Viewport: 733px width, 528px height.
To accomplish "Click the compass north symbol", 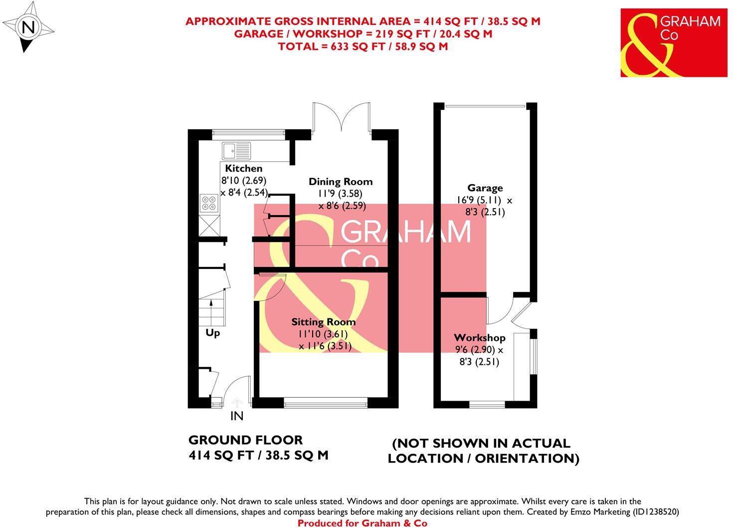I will pos(29,27).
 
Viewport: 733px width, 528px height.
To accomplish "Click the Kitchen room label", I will pos(243,169).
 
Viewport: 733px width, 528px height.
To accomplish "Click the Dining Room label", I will pos(340,182).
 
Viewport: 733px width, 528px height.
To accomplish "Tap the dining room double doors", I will pos(341,117).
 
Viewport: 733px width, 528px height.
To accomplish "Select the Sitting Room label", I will pos(323,322).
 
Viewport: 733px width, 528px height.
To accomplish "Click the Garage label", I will pos(485,188).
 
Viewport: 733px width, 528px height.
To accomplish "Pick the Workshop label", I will pos(479,338).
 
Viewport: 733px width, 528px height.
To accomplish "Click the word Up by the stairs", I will pos(213,333).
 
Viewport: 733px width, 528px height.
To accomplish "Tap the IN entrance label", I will pos(237,416).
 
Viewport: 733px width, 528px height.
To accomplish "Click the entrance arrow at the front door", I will pos(237,402).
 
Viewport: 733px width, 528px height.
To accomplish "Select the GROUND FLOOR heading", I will pos(245,440).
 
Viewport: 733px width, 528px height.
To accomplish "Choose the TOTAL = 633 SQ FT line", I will pos(363,46).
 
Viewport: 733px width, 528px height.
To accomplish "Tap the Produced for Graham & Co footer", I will pos(363,523).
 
